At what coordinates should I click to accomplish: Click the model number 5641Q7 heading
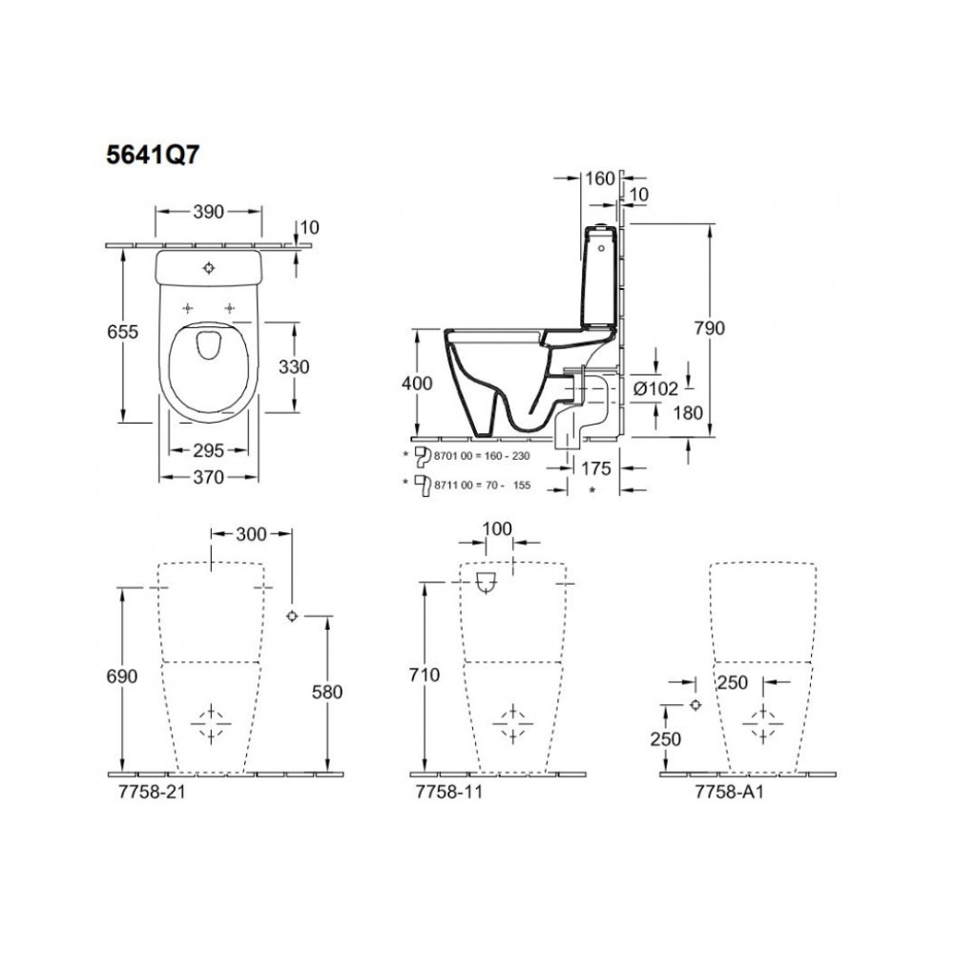pyautogui.click(x=152, y=156)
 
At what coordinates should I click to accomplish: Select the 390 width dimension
pyautogui.click(x=209, y=212)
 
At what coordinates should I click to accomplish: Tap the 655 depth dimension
pyautogui.click(x=123, y=332)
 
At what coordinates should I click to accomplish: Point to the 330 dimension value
pyautogui.click(x=294, y=367)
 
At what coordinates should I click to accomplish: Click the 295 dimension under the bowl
pyautogui.click(x=209, y=451)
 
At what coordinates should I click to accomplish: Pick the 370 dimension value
pyautogui.click(x=209, y=478)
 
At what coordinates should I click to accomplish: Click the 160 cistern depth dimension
pyautogui.click(x=600, y=178)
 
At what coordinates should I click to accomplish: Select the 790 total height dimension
pyautogui.click(x=710, y=328)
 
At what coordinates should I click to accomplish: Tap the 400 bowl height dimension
pyautogui.click(x=417, y=384)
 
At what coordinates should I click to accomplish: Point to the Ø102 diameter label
pyautogui.click(x=655, y=389)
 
